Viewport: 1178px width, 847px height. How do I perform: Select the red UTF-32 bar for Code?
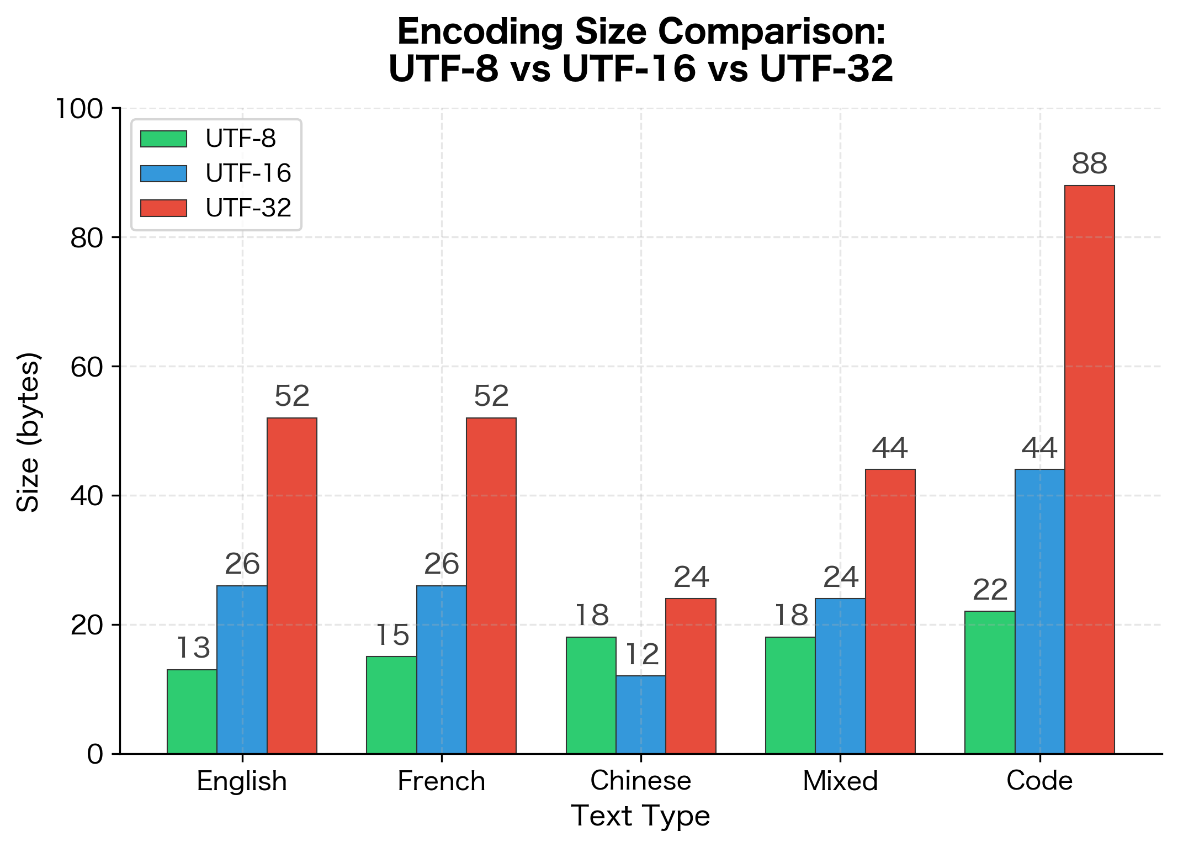tap(1089, 469)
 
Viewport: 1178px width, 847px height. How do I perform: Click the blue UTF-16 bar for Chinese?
tap(640, 714)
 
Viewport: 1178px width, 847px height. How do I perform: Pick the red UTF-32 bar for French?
tap(491, 585)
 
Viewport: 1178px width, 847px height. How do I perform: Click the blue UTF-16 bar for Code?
tap(1039, 611)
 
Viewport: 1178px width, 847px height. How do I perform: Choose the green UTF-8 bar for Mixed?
tap(790, 695)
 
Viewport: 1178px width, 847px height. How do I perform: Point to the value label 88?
tap(1089, 164)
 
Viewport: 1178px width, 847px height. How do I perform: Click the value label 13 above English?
tap(193, 648)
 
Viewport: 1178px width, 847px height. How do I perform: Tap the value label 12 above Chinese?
tap(641, 655)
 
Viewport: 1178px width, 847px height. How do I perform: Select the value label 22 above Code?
tap(990, 590)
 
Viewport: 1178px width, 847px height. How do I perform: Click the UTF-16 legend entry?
tap(248, 173)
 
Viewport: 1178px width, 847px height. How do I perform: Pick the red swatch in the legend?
tap(163, 208)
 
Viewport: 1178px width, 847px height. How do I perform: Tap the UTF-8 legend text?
tap(241, 139)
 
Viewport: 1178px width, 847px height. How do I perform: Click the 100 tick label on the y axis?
tap(79, 109)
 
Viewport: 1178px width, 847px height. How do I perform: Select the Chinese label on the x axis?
tap(640, 781)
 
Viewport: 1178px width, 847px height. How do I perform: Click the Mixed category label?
tap(840, 781)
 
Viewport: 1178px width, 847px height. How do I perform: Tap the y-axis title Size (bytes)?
tap(28, 432)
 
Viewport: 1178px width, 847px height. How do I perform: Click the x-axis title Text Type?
tap(640, 816)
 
